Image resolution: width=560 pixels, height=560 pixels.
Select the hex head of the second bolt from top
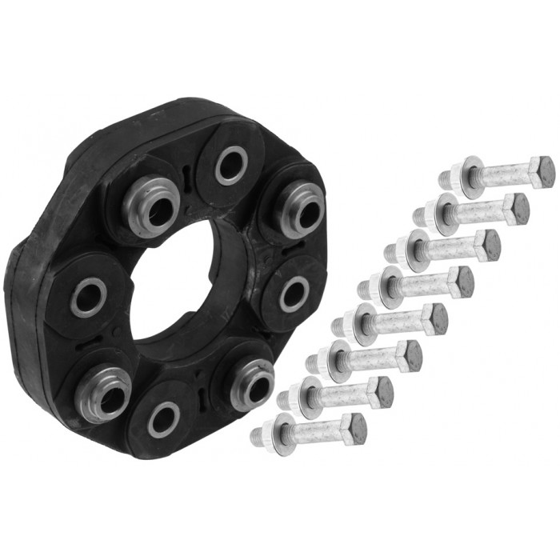pyautogui.click(x=517, y=208)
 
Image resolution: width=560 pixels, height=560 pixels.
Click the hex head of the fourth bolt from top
pyautogui.click(x=462, y=282)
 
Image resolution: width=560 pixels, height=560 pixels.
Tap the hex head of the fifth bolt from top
pyautogui.click(x=435, y=318)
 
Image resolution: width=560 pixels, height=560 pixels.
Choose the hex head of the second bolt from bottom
pyautogui.click(x=382, y=392)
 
